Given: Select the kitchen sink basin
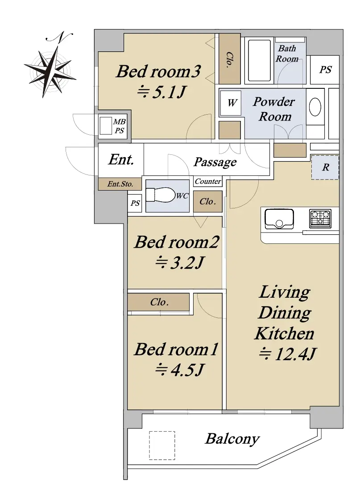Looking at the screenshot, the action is click(x=279, y=219).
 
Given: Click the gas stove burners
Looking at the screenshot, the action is click(x=320, y=219).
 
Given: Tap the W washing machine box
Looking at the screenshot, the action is click(x=231, y=103).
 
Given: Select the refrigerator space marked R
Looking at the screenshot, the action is click(x=325, y=167).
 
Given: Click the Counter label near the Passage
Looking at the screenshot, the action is click(x=208, y=181).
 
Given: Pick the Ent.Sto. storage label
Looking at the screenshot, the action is click(x=120, y=184).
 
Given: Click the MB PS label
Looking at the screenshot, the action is click(x=119, y=126).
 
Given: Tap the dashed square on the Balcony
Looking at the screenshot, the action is click(x=162, y=445).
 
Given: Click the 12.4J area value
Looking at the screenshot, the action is click(x=287, y=354).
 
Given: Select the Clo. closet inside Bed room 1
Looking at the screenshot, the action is click(x=159, y=302).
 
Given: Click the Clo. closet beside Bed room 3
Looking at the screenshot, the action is click(x=230, y=59).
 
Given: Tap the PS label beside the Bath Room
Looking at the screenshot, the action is click(x=325, y=70).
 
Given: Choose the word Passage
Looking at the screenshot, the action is click(x=215, y=162).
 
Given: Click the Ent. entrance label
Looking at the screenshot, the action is click(x=121, y=159).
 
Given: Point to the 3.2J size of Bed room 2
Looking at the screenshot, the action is click(x=179, y=263).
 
